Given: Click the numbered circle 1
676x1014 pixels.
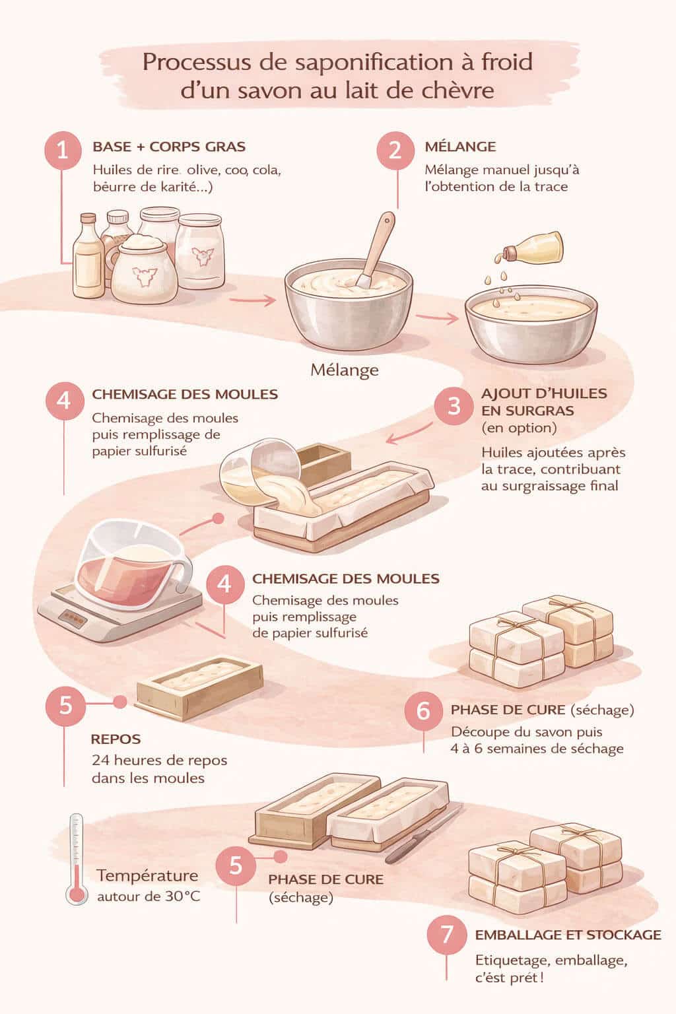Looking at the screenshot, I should click(63, 151).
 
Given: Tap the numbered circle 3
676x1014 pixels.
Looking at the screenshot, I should click(454, 405).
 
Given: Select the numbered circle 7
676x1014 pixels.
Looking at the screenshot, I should click(447, 934).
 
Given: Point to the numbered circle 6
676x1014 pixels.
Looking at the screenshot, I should click(423, 710).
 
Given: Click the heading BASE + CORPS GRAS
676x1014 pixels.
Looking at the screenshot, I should click(169, 147).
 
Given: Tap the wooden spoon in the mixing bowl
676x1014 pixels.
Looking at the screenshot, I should click(377, 248).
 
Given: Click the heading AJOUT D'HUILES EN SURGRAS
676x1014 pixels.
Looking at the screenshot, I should click(544, 401).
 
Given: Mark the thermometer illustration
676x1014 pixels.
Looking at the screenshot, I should click(77, 858).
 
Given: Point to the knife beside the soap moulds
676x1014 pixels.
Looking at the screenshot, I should click(422, 835).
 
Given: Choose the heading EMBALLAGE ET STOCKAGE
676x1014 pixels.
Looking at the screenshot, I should click(568, 935).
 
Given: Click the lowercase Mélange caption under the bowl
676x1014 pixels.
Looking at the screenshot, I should click(345, 370).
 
